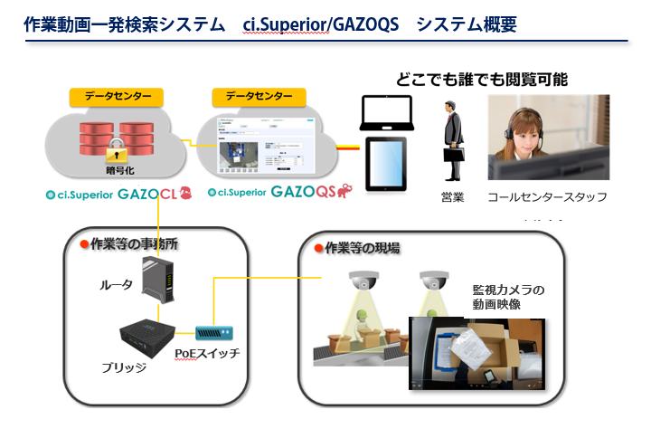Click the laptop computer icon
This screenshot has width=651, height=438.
[387, 113]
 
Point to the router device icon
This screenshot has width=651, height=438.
[165, 281]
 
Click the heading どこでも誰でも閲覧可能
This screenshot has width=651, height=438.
[482, 79]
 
